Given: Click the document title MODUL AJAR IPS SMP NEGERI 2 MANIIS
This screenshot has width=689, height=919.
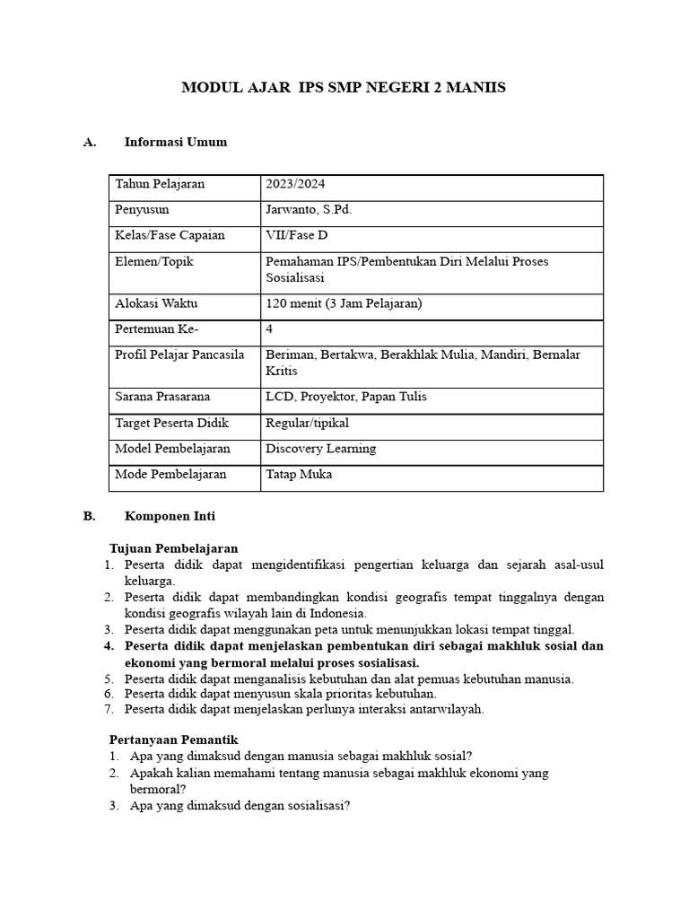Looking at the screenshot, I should tap(344, 88).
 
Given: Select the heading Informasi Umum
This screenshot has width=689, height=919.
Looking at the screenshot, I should tap(175, 142).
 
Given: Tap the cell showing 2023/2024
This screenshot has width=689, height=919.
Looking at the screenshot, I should tap(295, 184).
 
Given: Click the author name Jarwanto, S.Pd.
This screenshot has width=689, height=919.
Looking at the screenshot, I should tap(309, 210).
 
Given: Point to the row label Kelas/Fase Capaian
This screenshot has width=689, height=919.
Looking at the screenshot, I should tap(170, 236).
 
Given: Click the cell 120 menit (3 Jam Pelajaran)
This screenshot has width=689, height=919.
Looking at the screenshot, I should tap(344, 303).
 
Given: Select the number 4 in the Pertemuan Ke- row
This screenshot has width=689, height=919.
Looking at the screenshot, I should tap(270, 329).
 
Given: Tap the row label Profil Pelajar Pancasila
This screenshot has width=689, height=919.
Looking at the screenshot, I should tap(179, 355).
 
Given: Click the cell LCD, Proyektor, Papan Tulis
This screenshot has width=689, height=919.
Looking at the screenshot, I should tap(345, 397).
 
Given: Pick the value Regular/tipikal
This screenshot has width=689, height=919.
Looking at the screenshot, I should tap(307, 423).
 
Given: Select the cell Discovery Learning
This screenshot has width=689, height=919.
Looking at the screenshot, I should tap(320, 449).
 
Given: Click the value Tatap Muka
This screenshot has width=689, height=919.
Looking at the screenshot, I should tap(298, 475).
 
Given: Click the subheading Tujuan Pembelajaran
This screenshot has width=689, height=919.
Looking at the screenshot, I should tap(173, 548).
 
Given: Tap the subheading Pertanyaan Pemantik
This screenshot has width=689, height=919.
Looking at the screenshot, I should tap(172, 740).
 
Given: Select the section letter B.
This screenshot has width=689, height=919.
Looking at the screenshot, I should tap(89, 517).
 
